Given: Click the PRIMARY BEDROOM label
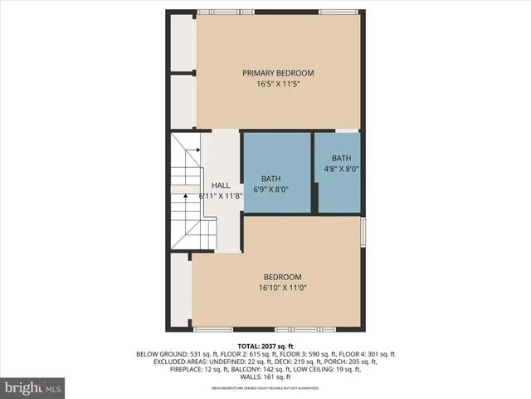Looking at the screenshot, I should pos(278,73).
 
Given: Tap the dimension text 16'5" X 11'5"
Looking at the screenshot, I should pos(278,84).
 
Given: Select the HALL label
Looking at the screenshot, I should pos(220,185).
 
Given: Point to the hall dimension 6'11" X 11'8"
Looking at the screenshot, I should pos(220,196).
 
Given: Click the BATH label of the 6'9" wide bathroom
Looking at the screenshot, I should pos(271,179).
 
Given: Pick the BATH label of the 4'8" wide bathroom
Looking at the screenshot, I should pos(341,158).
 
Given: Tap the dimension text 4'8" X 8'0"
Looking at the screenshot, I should pos(341,169).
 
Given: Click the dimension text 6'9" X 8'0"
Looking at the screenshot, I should pos(271,190).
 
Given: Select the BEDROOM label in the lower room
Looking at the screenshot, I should pos(282,277).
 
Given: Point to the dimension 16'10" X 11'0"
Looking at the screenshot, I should pos(282,288).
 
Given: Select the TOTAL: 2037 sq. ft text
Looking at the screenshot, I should pos(265,345).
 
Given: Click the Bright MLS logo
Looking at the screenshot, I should pos(33,387).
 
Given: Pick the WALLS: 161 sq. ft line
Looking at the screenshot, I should pos(265,377).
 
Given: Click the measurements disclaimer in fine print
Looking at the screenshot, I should pos(265,388).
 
